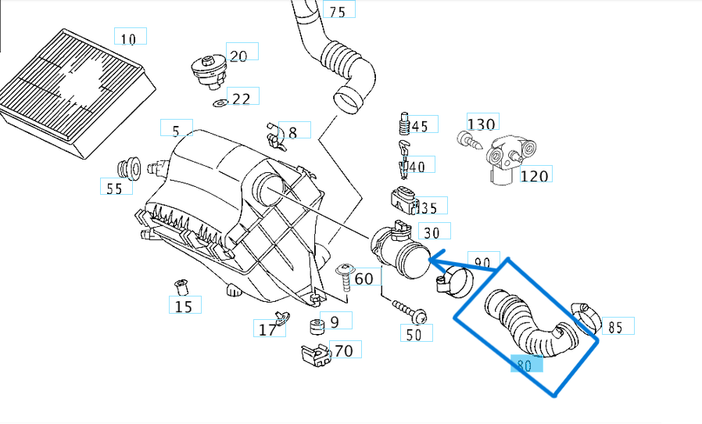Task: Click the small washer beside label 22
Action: (220, 103)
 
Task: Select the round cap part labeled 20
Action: (209, 72)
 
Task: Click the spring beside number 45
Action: (404, 124)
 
